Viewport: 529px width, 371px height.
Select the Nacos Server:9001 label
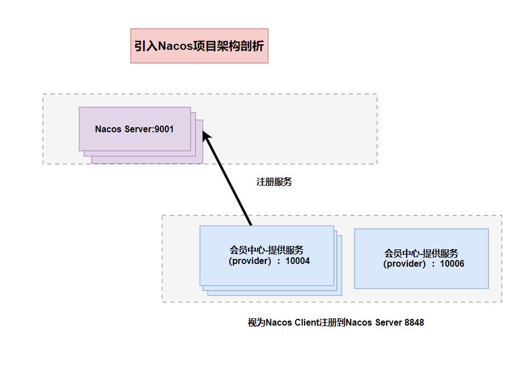[135, 129]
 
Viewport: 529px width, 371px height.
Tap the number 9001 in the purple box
[164, 129]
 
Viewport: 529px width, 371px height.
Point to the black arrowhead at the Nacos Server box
[206, 137]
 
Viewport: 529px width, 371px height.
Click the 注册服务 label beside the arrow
[274, 182]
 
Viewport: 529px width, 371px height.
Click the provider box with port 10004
[267, 275]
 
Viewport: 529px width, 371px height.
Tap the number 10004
[297, 261]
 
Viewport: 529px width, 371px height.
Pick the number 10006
[452, 264]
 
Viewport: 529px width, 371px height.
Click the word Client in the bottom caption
[306, 323]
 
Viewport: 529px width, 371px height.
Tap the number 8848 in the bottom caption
[414, 323]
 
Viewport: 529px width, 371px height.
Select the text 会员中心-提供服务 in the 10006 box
[421, 253]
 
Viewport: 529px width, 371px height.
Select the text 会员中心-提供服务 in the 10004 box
[267, 250]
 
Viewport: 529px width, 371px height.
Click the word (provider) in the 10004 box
[250, 261]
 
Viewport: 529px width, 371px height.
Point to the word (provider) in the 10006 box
[404, 264]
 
